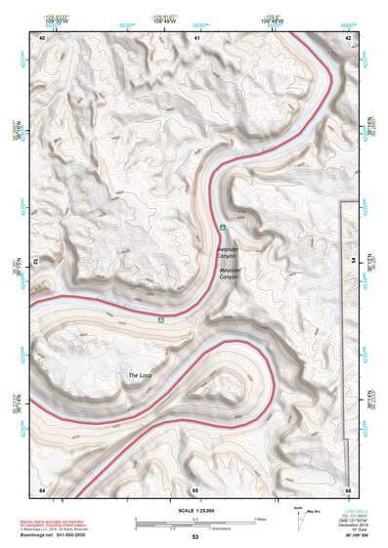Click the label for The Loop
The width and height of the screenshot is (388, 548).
click(141, 375)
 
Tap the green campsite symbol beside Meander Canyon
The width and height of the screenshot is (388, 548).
click(223, 228)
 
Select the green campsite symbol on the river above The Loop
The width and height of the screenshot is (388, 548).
click(160, 317)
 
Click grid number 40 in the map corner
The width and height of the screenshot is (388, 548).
click(42, 37)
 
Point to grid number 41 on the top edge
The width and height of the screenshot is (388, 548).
click(196, 37)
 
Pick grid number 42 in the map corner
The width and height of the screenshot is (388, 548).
click(349, 37)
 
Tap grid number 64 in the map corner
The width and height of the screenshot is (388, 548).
click(42, 488)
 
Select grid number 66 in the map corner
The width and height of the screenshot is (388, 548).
click(347, 488)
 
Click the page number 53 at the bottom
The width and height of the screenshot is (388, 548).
click(194, 538)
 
